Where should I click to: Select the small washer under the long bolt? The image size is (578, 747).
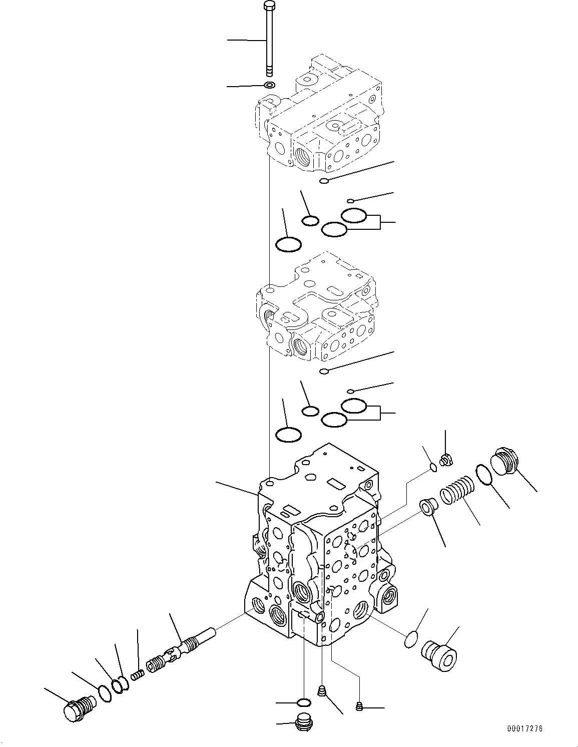269,86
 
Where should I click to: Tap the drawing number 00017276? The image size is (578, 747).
524,728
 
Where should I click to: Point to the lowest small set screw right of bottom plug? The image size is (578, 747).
358,707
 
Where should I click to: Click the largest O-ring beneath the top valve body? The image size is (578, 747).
289,244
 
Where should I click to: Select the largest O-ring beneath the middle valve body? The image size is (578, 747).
289,434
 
